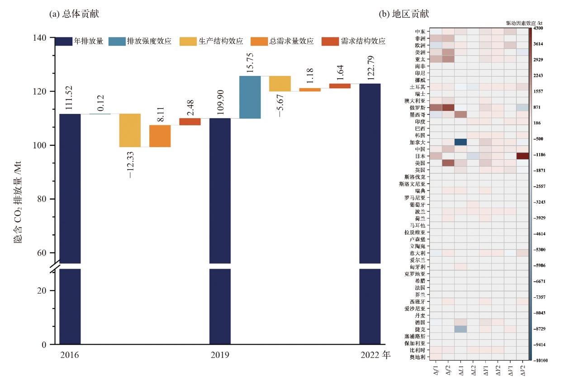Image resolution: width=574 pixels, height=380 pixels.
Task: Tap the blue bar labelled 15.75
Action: [x=250, y=97]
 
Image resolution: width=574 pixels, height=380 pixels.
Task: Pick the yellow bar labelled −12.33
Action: [x=130, y=130]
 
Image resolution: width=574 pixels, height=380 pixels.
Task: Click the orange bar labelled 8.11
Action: [x=160, y=136]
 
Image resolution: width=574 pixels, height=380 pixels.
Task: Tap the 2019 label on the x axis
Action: [x=219, y=355]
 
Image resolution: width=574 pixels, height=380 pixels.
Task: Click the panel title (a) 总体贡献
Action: [x=74, y=14]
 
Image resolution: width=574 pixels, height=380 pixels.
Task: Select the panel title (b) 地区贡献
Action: [x=403, y=14]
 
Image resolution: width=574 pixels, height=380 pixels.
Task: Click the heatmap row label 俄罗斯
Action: [x=417, y=108]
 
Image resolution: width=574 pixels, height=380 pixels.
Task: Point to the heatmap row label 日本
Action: [x=420, y=156]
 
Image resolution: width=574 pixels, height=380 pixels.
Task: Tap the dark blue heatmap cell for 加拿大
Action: [x=460, y=142]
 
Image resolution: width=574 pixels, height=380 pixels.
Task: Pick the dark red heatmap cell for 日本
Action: [x=522, y=156]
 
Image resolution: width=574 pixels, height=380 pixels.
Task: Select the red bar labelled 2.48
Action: [x=190, y=122]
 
